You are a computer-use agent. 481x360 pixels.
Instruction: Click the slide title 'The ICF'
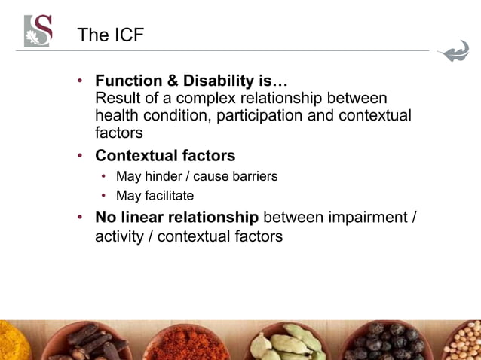[110, 35]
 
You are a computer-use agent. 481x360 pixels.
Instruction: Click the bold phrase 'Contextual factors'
[165, 156]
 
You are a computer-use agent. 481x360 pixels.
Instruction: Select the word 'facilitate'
[166, 196]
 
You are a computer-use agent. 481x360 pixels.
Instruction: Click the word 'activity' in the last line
[121, 236]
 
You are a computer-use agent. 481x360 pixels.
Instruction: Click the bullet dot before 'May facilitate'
[105, 197]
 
